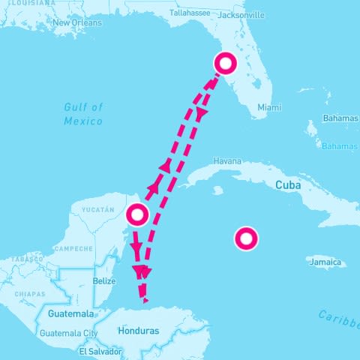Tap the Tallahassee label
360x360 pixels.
click(191, 13)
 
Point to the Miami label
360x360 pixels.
click(269, 107)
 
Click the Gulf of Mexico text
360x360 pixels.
click(83, 113)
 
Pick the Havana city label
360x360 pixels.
click(227, 160)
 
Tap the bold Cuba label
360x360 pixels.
click(289, 184)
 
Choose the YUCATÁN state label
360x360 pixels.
click(98, 209)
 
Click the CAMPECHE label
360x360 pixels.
click(72, 248)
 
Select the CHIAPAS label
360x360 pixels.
click(30, 293)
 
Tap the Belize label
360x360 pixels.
click(104, 280)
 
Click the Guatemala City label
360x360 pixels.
click(69, 333)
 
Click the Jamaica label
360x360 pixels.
click(325, 262)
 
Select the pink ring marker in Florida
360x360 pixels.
click(224, 64)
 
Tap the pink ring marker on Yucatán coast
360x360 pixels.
click(136, 215)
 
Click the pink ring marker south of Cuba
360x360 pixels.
click(246, 239)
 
